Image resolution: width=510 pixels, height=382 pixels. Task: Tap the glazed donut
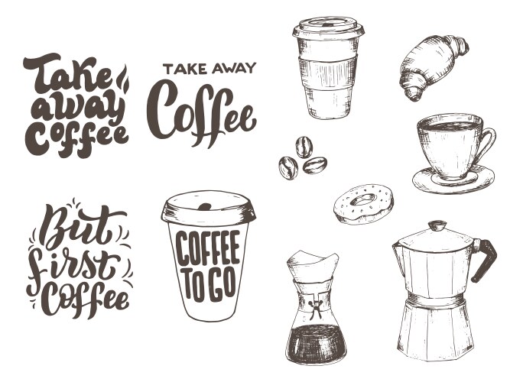pos(364,204)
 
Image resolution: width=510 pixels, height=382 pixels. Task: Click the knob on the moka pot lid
pos(437,225)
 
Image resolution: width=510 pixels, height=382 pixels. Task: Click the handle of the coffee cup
pos(488,143)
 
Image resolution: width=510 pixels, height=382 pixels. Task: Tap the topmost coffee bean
pos(304,147)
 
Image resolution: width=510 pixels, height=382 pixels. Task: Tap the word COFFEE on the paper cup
pos(208,247)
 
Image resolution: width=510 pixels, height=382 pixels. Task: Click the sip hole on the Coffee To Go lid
pos(205,206)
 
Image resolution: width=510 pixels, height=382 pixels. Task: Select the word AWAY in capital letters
pos(233,69)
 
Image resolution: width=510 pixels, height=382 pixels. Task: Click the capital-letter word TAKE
pos(185,70)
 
